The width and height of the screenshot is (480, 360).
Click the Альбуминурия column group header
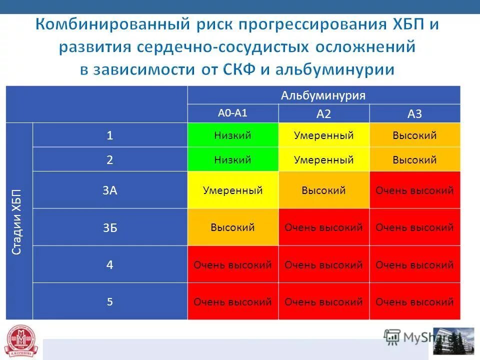323,95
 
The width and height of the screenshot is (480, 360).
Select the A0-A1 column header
232,113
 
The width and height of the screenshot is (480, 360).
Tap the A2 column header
323,114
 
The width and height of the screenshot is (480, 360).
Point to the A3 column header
415,114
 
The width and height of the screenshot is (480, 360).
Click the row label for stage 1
110,135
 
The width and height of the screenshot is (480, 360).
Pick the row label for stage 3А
110,190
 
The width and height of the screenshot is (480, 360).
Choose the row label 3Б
110,227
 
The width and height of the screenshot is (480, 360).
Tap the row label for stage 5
110,301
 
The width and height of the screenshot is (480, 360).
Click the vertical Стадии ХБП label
16,221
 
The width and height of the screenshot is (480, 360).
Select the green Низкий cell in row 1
232,135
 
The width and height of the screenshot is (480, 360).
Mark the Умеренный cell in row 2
323,159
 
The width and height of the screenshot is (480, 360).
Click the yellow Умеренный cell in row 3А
232,190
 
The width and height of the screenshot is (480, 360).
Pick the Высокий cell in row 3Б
232,227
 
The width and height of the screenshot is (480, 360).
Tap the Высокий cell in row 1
415,135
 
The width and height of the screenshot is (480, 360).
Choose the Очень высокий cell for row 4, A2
323,264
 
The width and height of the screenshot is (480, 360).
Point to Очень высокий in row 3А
415,190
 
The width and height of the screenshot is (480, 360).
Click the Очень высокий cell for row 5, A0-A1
232,301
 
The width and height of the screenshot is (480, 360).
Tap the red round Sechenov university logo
21,341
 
